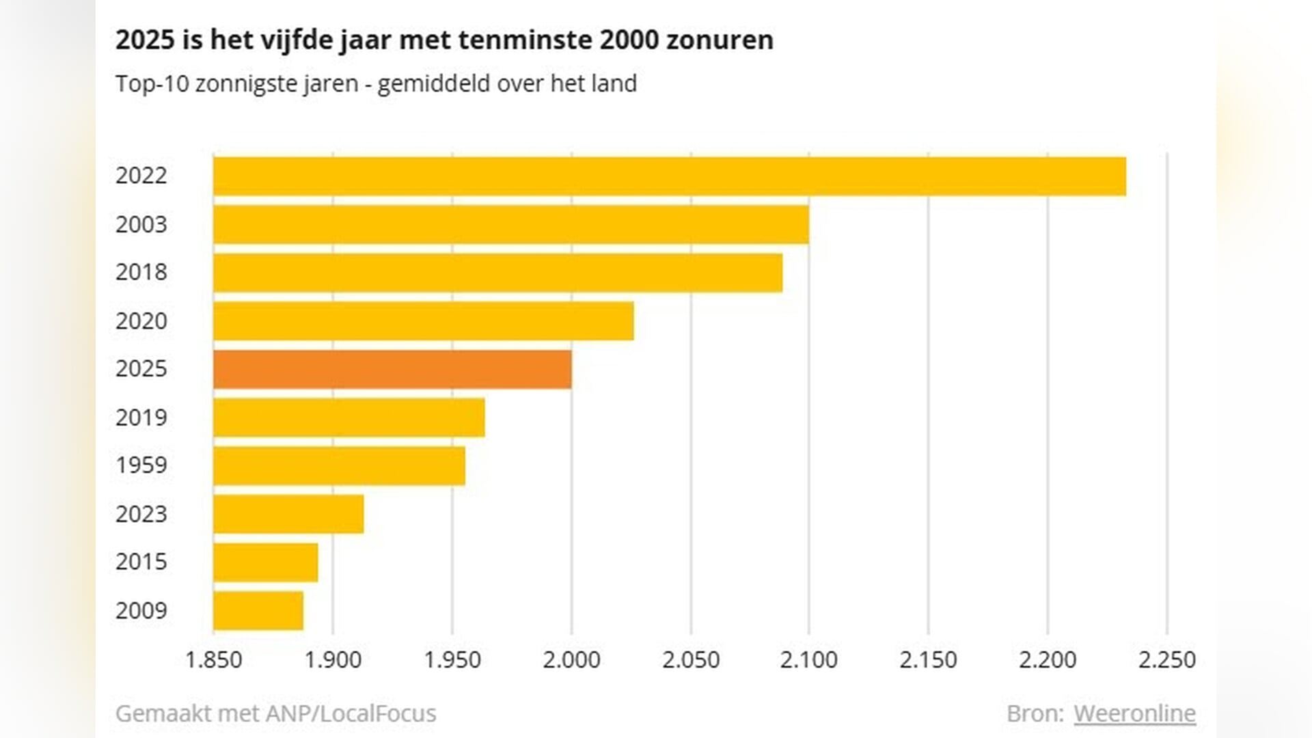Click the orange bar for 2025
(x=392, y=370)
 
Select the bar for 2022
(x=669, y=176)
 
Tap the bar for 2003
(x=510, y=225)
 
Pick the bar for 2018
(x=497, y=273)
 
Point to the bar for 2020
(x=423, y=321)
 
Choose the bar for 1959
(x=339, y=466)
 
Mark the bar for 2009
(x=258, y=611)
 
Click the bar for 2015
(x=265, y=562)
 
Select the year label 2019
(x=141, y=418)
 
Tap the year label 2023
(x=141, y=514)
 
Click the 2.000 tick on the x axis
(x=571, y=659)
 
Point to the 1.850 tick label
(x=214, y=659)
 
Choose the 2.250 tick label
(x=1166, y=659)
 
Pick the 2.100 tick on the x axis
(x=809, y=659)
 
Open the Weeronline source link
(x=1134, y=713)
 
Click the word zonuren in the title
(x=720, y=40)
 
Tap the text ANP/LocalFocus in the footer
(x=351, y=713)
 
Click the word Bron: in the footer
(x=1035, y=713)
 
